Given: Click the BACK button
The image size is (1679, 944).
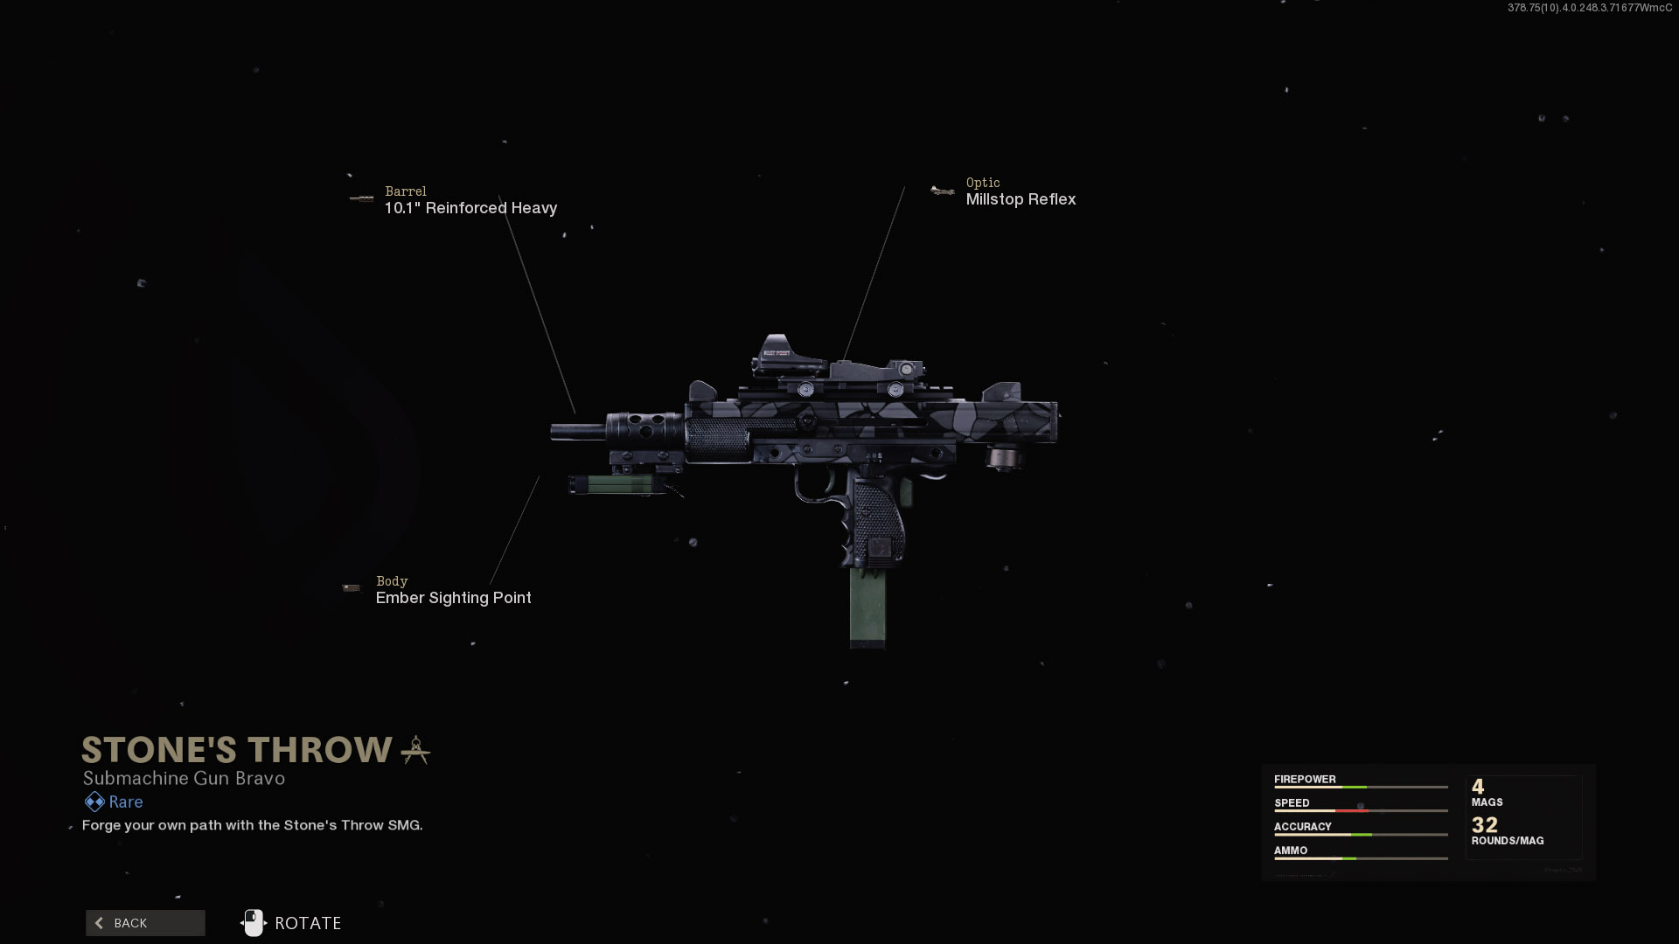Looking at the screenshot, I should (145, 923).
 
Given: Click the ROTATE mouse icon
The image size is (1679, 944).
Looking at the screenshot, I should (253, 923).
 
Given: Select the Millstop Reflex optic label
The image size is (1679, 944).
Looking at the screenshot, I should (1020, 199).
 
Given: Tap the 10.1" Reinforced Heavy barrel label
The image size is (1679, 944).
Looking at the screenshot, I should (470, 208).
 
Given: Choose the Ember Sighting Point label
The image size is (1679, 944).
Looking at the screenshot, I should (453, 598).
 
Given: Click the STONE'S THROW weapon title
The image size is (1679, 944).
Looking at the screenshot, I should (237, 750).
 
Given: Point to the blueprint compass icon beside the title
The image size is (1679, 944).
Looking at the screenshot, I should (415, 750).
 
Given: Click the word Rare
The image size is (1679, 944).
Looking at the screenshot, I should (126, 802).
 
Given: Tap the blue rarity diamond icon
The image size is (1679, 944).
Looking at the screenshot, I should (94, 802).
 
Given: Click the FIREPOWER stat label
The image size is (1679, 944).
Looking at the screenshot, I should (1305, 779).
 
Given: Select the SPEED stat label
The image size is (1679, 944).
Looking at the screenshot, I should (1292, 802).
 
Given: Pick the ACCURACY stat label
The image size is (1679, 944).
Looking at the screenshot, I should (1302, 826).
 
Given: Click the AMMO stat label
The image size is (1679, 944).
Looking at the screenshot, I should (1291, 850).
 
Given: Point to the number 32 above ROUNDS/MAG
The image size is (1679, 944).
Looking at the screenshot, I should (1485, 824).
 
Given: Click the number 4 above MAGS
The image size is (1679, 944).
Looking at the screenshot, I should (1478, 786).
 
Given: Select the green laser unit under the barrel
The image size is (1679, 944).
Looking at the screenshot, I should (612, 484).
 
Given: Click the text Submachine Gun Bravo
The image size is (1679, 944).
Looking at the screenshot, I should (184, 778).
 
